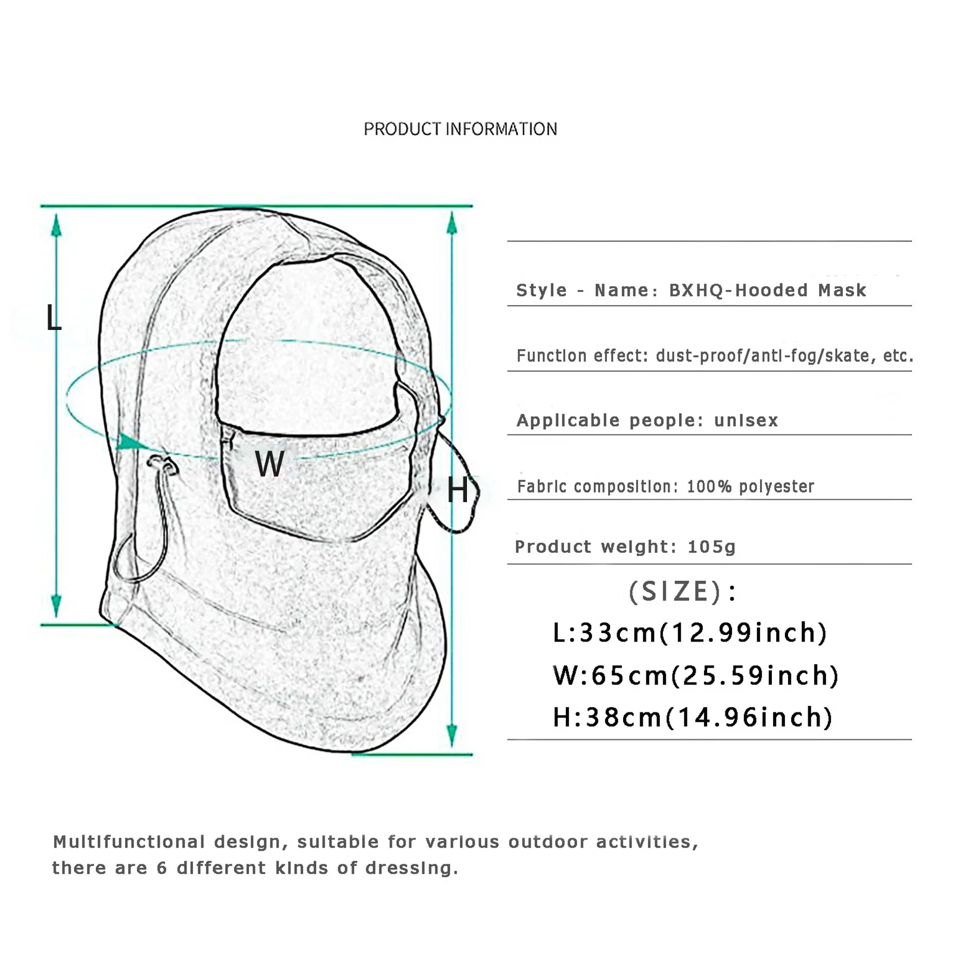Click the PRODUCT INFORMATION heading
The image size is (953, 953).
460,129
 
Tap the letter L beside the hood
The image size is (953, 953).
54,318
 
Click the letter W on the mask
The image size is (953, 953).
270,463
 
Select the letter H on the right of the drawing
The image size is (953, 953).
457,491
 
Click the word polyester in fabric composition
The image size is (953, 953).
776,487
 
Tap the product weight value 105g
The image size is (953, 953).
711,547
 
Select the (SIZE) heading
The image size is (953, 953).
683,591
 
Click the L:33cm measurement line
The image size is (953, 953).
690,633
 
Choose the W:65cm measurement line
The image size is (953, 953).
696,675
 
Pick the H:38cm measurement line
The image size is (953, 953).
692,717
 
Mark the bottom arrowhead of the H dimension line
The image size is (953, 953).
452,736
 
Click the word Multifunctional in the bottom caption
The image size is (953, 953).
129,842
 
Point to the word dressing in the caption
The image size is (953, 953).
411,868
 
